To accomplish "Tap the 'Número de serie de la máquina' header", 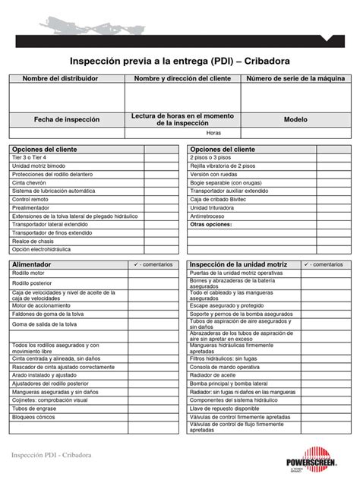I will tap(295, 79).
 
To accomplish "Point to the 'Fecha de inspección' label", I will tap(66, 119).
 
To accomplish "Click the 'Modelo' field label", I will tap(295, 119).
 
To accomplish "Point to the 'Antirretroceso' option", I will tap(210, 216).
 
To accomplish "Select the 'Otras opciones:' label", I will tap(211, 225).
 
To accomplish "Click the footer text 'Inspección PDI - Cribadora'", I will tap(52, 454).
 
